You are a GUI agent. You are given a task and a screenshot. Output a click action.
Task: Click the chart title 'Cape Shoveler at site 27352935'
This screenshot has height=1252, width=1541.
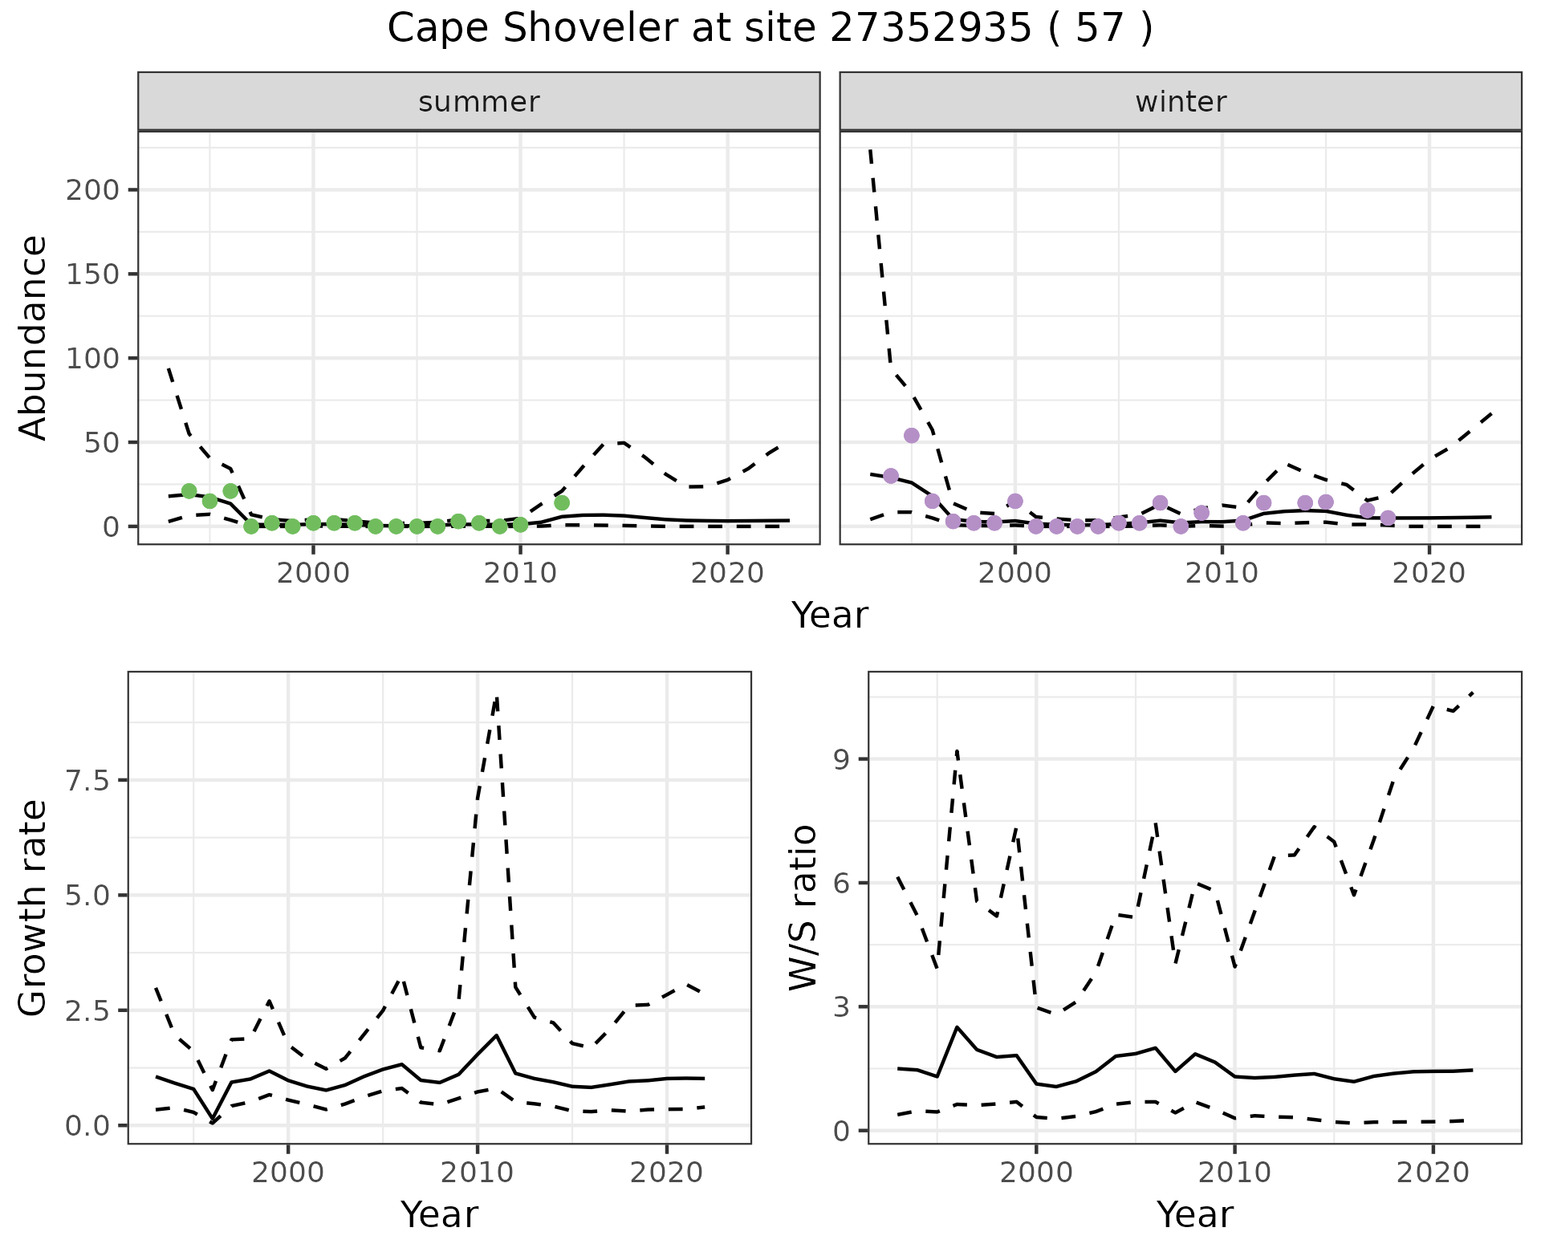point(769,30)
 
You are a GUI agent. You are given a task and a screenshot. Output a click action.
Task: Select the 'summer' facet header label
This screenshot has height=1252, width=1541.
point(479,102)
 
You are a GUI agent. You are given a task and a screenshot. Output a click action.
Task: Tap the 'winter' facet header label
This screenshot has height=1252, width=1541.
point(1181,102)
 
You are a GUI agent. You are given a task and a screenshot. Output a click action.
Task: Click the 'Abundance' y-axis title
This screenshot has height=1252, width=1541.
point(34,338)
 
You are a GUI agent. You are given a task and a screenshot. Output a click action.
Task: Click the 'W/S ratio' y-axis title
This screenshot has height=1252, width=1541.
point(803,908)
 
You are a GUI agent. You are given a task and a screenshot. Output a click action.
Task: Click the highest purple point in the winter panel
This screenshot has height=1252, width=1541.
point(911,435)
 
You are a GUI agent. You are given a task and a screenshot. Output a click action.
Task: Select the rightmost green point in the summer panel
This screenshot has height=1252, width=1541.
point(562,502)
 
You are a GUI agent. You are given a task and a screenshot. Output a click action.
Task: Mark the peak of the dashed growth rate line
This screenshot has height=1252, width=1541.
point(497,699)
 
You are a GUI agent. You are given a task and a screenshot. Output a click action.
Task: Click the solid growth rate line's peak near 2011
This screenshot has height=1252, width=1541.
point(497,1035)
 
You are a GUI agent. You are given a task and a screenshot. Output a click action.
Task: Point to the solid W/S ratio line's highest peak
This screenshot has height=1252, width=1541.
point(957,1026)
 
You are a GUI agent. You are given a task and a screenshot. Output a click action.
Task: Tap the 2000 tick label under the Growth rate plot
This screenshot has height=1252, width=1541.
point(289,1173)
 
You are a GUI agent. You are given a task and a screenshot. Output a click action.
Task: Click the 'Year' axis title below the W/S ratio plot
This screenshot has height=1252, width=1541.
point(1195,1214)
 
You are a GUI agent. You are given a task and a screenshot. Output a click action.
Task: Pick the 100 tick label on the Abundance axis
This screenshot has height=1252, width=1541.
point(93,358)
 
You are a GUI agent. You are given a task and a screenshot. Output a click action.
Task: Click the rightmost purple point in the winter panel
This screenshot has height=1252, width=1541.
point(1388,518)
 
